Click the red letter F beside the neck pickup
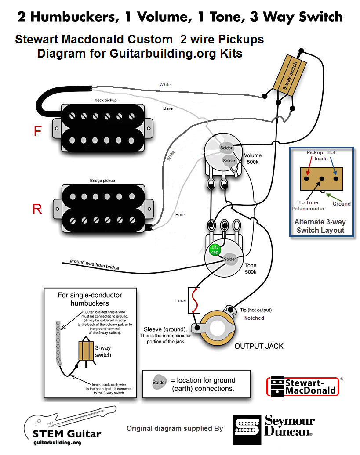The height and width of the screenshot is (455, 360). (x=38, y=131)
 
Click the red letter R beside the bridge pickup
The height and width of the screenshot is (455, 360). (x=37, y=209)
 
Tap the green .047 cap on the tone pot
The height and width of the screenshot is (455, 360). (x=215, y=250)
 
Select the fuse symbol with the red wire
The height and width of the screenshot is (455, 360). (x=194, y=301)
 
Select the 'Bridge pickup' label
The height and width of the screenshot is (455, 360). (x=103, y=181)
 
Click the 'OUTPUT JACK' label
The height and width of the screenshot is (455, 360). (x=259, y=346)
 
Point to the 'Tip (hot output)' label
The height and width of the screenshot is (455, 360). (x=255, y=310)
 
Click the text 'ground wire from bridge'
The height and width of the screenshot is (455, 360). (x=94, y=264)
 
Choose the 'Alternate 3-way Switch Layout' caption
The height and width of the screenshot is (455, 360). (x=320, y=226)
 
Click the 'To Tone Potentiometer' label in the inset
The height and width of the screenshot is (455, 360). (x=307, y=206)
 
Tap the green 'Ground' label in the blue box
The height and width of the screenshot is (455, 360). (x=342, y=203)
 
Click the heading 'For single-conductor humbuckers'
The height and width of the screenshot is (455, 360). (x=90, y=299)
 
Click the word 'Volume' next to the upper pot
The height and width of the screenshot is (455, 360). (x=253, y=155)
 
